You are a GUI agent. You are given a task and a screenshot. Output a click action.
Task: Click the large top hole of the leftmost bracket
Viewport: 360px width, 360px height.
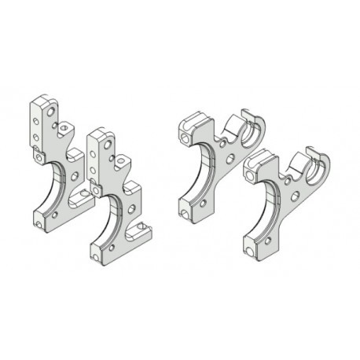52,113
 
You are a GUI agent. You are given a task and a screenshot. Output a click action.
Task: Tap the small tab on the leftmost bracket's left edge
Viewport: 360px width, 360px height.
39,156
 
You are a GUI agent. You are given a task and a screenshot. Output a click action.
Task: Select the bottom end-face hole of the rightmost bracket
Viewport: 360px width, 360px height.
250,252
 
